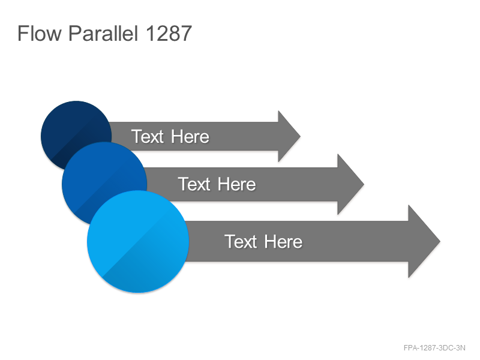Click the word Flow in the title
click(x=40, y=33)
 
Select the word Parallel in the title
click(x=103, y=33)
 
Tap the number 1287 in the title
click(x=169, y=33)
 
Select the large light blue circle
click(x=138, y=242)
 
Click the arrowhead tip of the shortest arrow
click(x=301, y=136)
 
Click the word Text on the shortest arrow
click(x=148, y=136)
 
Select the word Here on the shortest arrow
click(x=190, y=136)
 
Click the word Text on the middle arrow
click(x=194, y=184)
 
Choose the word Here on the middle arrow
click(x=236, y=184)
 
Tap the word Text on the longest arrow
click(x=241, y=242)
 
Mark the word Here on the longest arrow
click(x=283, y=242)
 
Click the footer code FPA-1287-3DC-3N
click(x=434, y=348)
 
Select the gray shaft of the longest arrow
click(x=297, y=242)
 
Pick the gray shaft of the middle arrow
click(x=242, y=184)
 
